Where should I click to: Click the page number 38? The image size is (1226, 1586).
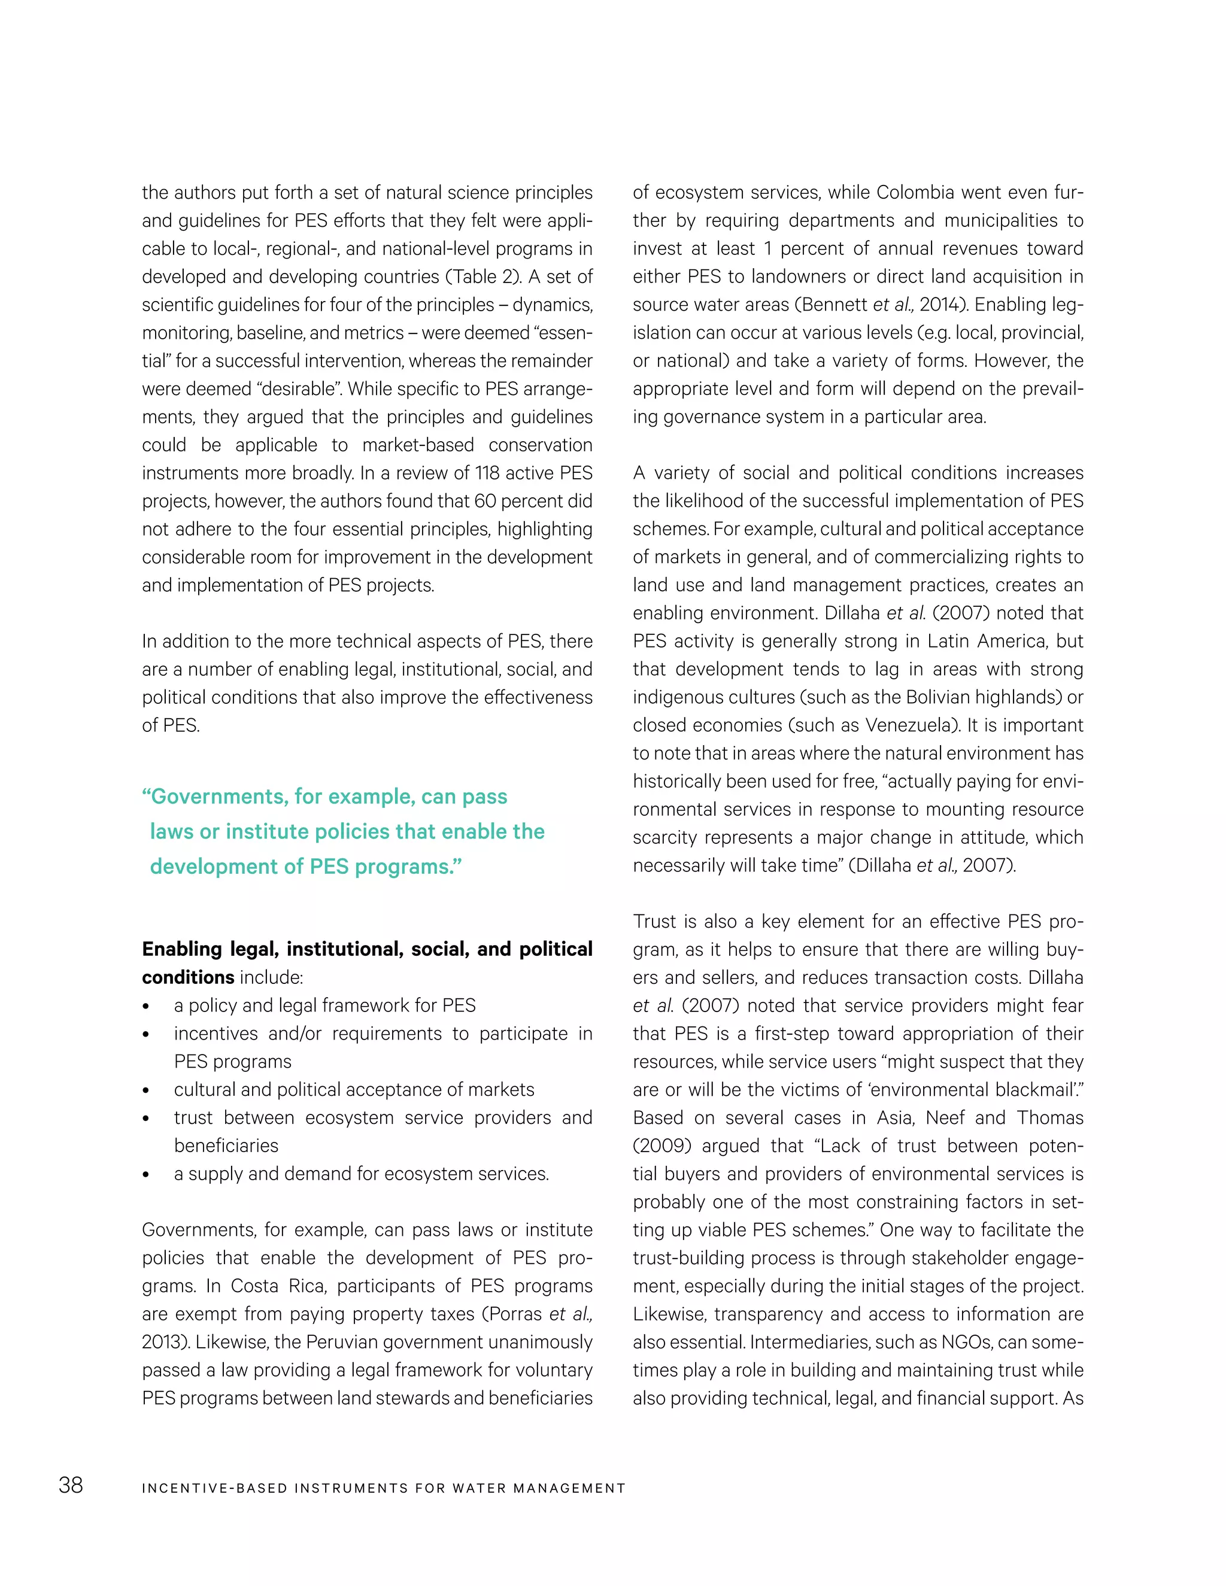[x=71, y=1485]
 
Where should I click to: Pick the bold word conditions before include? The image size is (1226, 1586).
[x=188, y=977]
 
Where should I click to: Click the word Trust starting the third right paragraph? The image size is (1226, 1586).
[x=655, y=922]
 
